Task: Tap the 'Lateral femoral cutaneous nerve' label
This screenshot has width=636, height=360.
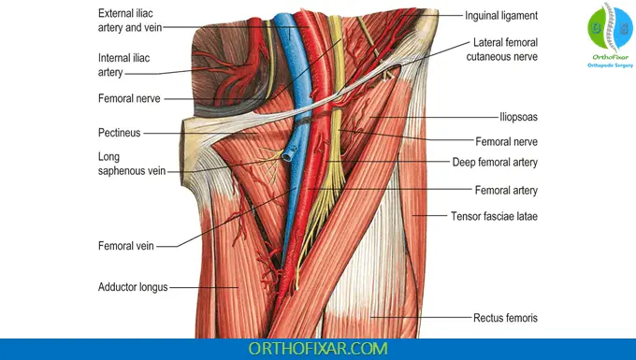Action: point(506,50)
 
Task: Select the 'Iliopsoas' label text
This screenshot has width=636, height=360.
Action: point(516,118)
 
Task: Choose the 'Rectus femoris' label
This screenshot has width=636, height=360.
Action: point(505,319)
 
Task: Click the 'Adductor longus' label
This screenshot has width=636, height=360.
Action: point(133,287)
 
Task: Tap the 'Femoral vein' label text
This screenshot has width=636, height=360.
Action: point(125,247)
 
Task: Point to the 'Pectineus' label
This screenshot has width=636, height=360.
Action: point(119,133)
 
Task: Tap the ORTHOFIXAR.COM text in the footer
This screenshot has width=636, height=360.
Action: point(317,348)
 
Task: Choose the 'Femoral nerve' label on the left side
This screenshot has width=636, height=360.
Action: point(130,98)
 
